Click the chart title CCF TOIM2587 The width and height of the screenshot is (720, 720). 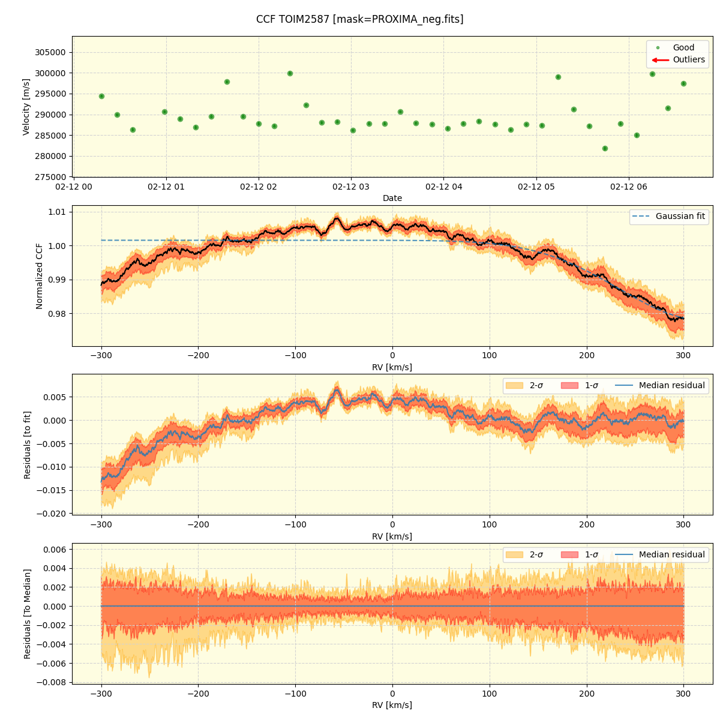(359, 19)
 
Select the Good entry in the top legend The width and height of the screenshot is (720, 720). (683, 47)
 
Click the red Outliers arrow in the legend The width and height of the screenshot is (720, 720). (661, 60)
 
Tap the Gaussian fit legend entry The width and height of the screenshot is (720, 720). (680, 216)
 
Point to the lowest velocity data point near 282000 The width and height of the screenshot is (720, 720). (605, 148)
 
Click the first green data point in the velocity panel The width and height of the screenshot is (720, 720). (101, 96)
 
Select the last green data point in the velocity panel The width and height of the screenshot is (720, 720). (683, 83)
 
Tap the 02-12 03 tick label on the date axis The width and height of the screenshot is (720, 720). (351, 187)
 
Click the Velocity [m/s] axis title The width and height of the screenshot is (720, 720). (26, 107)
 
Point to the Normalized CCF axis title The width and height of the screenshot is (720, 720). (40, 276)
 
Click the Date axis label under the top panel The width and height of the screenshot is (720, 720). (392, 198)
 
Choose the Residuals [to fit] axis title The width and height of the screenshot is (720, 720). (27, 445)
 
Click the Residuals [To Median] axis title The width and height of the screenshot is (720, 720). (27, 613)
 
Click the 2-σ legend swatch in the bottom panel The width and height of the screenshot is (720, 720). (514, 554)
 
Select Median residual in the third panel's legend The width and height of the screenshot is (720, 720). (671, 385)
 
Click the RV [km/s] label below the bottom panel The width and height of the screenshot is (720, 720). (392, 705)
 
